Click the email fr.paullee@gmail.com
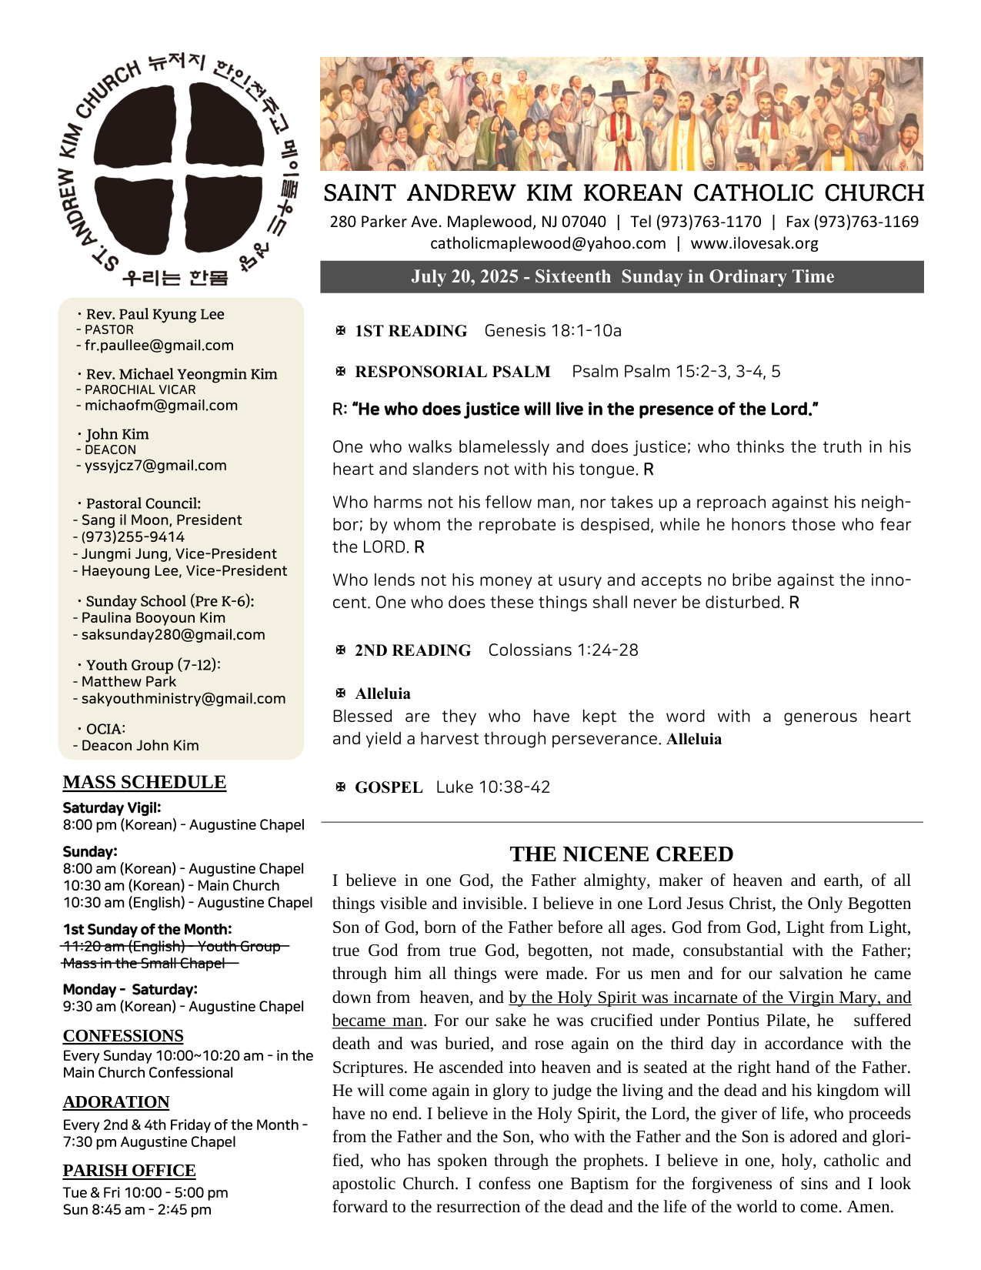pos(158,346)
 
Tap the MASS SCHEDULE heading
pos(145,782)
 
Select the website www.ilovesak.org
pos(754,243)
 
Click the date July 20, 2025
pos(464,276)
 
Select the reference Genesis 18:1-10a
pos(552,331)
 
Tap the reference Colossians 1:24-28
pos(562,650)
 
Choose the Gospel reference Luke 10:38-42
pos(492,787)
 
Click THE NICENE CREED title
pos(621,854)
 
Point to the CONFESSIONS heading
pos(123,1035)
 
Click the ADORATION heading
pos(116,1101)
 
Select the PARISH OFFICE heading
pos(129,1170)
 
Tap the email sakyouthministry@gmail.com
pos(183,699)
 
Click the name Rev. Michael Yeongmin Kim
pos(181,374)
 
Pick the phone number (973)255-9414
pos(132,537)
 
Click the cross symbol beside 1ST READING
pos(341,331)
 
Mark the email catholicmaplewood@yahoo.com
pos(548,243)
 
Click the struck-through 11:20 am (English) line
pos(171,946)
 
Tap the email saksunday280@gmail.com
pos(173,635)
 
